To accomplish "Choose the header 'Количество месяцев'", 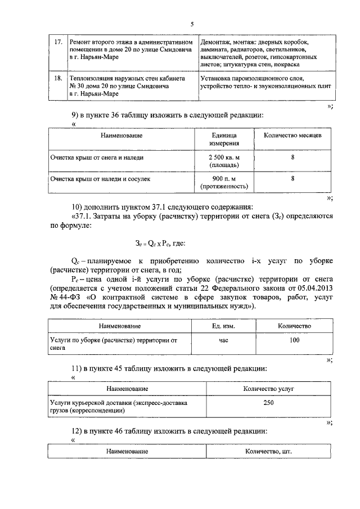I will click(x=292, y=136).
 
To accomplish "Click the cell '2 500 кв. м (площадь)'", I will click(x=224, y=163).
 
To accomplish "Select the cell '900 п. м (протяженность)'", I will click(x=224, y=183).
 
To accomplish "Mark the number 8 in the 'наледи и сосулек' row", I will click(x=292, y=179).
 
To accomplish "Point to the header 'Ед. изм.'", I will click(x=223, y=326).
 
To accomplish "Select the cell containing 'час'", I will click(x=223, y=340).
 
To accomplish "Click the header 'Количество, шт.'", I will click(x=268, y=452).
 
